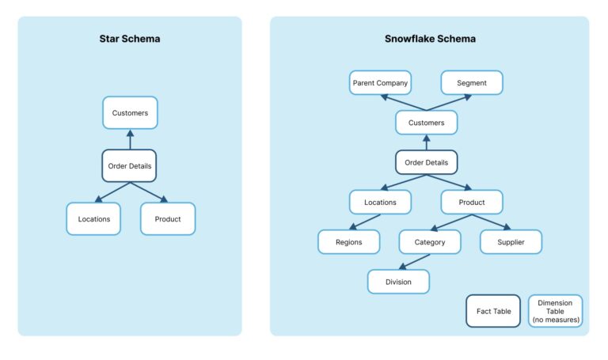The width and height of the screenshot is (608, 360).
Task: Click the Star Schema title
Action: coord(130,38)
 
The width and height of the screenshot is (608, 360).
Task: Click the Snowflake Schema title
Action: coord(430,38)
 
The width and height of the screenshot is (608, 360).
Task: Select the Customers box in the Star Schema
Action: coord(130,112)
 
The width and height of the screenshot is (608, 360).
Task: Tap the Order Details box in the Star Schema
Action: coord(130,166)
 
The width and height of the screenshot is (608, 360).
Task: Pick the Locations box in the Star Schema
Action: coord(93,218)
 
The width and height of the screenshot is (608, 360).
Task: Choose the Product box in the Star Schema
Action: coord(168,218)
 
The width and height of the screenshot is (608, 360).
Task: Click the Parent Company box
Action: coord(381,82)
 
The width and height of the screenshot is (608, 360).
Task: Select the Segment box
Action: coord(472,82)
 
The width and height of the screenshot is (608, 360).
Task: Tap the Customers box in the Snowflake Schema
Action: coord(426,123)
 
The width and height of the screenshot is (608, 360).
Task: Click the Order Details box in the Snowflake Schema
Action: coord(426,162)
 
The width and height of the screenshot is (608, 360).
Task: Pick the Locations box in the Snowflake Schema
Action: coord(380,202)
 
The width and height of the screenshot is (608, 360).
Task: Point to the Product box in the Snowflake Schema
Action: coord(472,202)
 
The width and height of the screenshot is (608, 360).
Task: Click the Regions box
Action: coord(349,242)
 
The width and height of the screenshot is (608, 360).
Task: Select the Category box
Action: coord(430,242)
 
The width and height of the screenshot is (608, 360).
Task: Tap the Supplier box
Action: coord(511,242)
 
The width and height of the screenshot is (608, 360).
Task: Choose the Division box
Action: coord(398,282)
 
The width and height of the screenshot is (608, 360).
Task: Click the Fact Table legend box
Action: coord(493,311)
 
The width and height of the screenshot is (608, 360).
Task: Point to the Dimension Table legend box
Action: coord(555,311)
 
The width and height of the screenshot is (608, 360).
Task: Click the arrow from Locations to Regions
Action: coord(364,222)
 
